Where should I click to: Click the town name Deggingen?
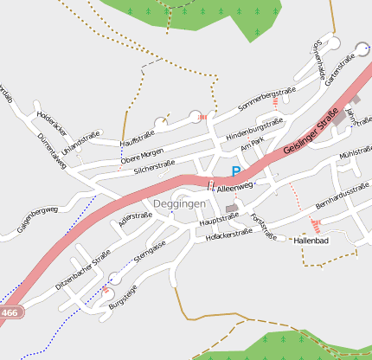point(179,203)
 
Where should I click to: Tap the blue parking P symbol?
point(236,172)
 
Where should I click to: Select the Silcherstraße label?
point(155,167)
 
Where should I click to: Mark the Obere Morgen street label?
point(142,155)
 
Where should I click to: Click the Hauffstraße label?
point(137,139)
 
